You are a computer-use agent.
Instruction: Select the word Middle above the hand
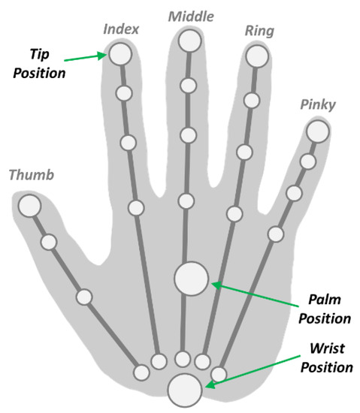pos(190,15)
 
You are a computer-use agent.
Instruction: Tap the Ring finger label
pos(259,31)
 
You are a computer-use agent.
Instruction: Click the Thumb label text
pos(32,176)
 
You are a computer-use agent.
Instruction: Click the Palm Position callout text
pos(325,309)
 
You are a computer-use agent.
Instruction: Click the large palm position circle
pos(191,278)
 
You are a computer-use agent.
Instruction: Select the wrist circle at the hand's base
pos(184,390)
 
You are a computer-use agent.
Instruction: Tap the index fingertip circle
pos(119,54)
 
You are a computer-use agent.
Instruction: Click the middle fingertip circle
pos(190,41)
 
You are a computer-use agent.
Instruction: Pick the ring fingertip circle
pos(257,56)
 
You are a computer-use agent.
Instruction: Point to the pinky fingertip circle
pos(317,131)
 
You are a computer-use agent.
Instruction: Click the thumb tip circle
pos(29,205)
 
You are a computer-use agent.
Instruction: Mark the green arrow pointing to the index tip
pos(85,57)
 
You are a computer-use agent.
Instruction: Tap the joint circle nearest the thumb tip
pos(49,242)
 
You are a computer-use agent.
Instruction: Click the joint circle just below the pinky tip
pos(307,161)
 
